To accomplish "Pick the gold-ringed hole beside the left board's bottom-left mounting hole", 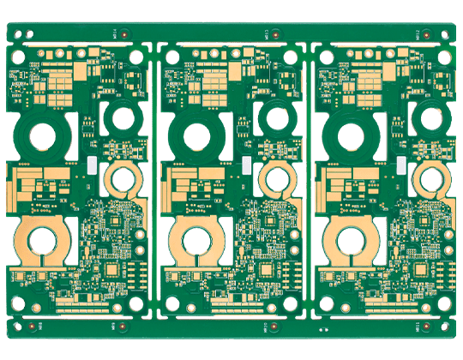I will point(36,309).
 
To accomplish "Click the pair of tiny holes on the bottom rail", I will point(323,329).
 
